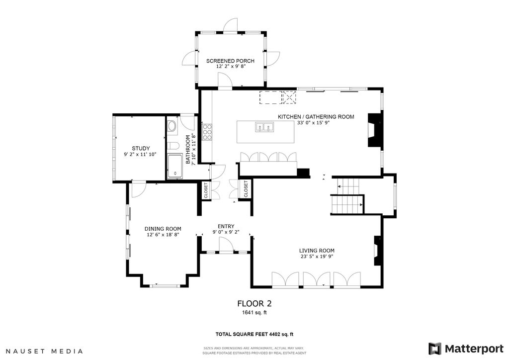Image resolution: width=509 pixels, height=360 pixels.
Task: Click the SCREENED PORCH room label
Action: pyautogui.click(x=230, y=61)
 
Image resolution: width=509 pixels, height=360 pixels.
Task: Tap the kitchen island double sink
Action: pyautogui.click(x=264, y=128)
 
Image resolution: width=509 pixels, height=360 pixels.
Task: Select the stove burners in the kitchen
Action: pyautogui.click(x=207, y=132)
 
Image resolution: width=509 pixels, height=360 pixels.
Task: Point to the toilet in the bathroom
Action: pyautogui.click(x=173, y=146)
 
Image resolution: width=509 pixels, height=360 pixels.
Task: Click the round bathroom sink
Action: pyautogui.click(x=172, y=127)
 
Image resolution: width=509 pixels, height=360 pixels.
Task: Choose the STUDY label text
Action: pyautogui.click(x=141, y=149)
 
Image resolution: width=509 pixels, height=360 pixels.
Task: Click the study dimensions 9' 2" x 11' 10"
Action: pyautogui.click(x=140, y=155)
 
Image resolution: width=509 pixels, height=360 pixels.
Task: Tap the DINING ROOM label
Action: pyautogui.click(x=163, y=229)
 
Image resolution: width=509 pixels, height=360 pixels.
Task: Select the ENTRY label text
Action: pyautogui.click(x=226, y=227)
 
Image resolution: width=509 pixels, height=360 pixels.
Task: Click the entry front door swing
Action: pyautogui.click(x=226, y=244)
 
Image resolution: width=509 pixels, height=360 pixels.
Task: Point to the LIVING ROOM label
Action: pyautogui.click(x=317, y=251)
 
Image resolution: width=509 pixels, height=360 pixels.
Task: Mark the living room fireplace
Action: pyautogui.click(x=378, y=251)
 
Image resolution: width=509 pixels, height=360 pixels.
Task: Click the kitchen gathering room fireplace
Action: pyautogui.click(x=375, y=130)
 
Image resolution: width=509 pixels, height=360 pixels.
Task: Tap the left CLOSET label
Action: pyautogui.click(x=206, y=190)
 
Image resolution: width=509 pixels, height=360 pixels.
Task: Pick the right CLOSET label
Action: pyautogui.click(x=246, y=189)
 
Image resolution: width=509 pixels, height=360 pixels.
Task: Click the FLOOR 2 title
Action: pyautogui.click(x=254, y=304)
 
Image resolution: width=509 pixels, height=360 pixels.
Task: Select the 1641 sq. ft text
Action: pyautogui.click(x=254, y=313)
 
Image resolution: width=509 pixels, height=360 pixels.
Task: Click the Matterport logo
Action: pyautogui.click(x=466, y=349)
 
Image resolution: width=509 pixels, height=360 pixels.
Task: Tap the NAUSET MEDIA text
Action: pyautogui.click(x=44, y=351)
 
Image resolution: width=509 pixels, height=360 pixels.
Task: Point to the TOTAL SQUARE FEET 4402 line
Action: pyautogui.click(x=255, y=334)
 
